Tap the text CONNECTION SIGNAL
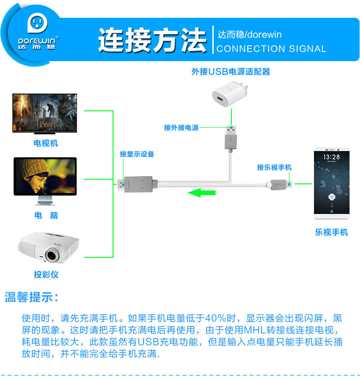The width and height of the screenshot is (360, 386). [x=272, y=49]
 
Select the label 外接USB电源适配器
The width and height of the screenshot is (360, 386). [x=231, y=72]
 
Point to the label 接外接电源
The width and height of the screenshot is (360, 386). [x=181, y=128]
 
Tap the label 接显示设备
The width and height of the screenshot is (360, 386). [x=137, y=154]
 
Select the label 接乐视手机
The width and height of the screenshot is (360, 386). [x=274, y=167]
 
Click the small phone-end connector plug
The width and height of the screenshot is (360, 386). [x=279, y=184]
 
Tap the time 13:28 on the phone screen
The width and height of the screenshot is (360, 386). [x=331, y=156]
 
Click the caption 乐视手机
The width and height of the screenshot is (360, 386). [x=331, y=232]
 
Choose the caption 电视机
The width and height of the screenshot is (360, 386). [x=46, y=143]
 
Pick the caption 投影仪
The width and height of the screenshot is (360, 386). [x=46, y=275]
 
